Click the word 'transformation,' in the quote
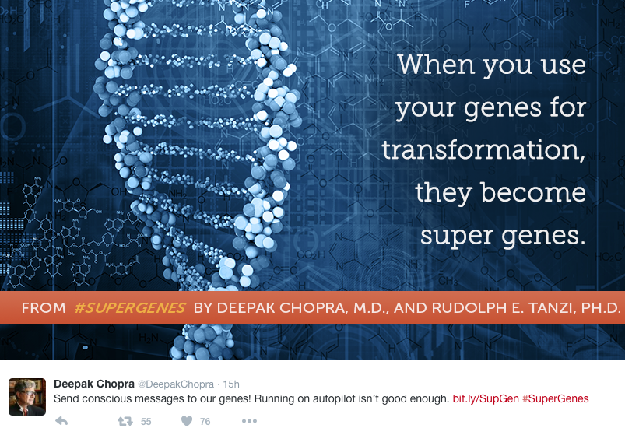tap(483, 150)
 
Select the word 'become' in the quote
tap(533, 193)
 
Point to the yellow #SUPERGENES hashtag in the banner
tap(129, 308)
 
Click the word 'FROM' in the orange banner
tap(44, 308)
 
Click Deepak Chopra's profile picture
tap(27, 397)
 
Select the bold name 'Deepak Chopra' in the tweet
tap(94, 384)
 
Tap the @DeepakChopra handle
tap(176, 384)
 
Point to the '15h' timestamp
tap(231, 384)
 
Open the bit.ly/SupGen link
tap(486, 398)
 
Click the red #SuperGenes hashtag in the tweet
tap(555, 398)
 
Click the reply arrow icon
tap(61, 421)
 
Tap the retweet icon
tap(125, 421)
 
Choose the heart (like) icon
tap(187, 421)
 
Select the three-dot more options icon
tap(250, 421)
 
